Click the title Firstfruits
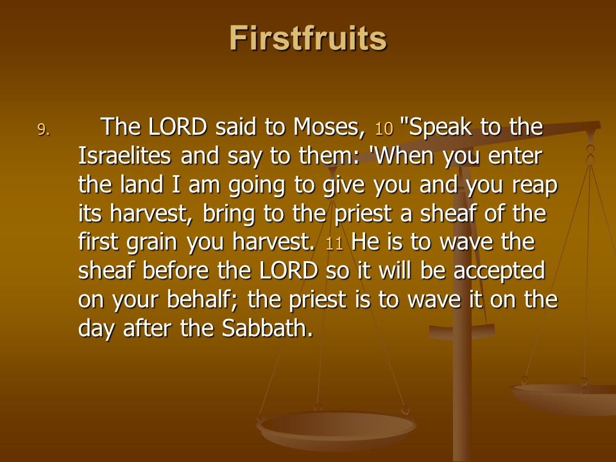click(308, 38)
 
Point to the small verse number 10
click(384, 129)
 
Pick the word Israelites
click(124, 155)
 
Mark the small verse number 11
click(334, 244)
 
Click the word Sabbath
click(267, 329)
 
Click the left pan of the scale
click(336, 429)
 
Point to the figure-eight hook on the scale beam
click(590, 155)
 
